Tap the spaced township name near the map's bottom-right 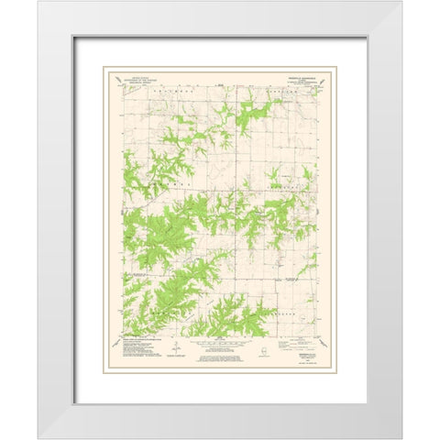point(289,312)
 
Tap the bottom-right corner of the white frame point(401,437)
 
